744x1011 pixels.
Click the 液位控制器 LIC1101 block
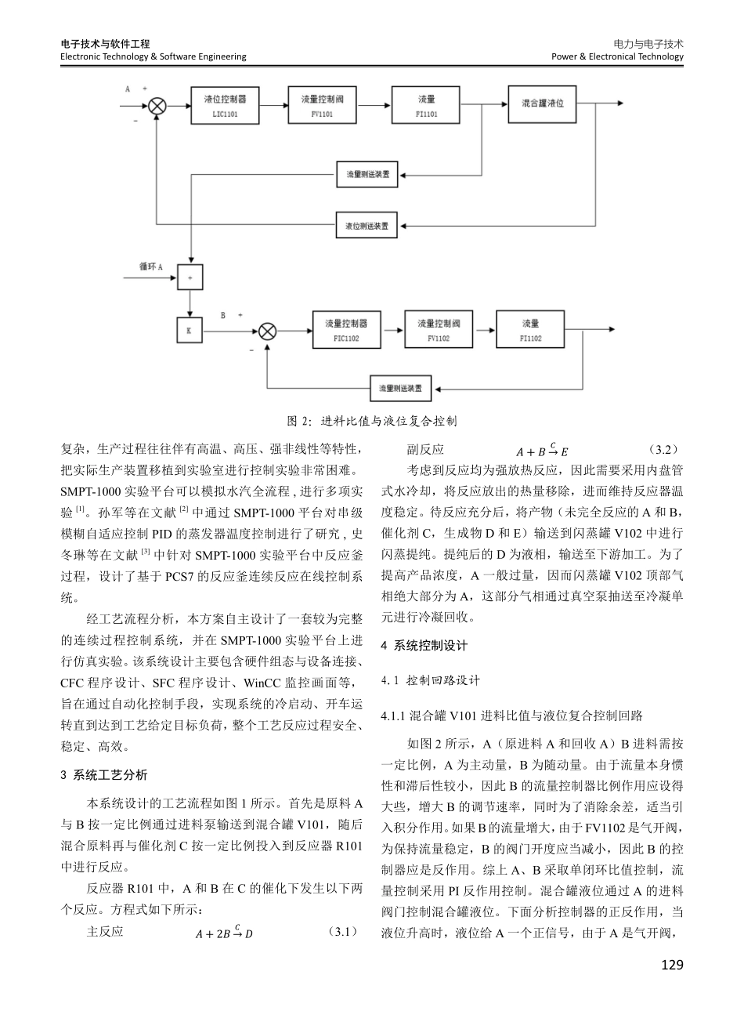225,106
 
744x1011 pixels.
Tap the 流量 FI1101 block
427,106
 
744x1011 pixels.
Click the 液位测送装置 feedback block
367,226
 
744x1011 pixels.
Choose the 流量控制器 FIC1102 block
346,330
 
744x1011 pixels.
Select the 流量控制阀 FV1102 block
439,330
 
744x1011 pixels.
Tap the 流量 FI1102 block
530,330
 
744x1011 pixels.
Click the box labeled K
189,331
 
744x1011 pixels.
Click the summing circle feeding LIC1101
157,106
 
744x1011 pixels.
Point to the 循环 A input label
150,267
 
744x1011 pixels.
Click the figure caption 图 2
372,421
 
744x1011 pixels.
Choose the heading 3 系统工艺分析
103,775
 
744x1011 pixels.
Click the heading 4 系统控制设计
423,646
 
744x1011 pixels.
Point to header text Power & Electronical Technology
617,56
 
